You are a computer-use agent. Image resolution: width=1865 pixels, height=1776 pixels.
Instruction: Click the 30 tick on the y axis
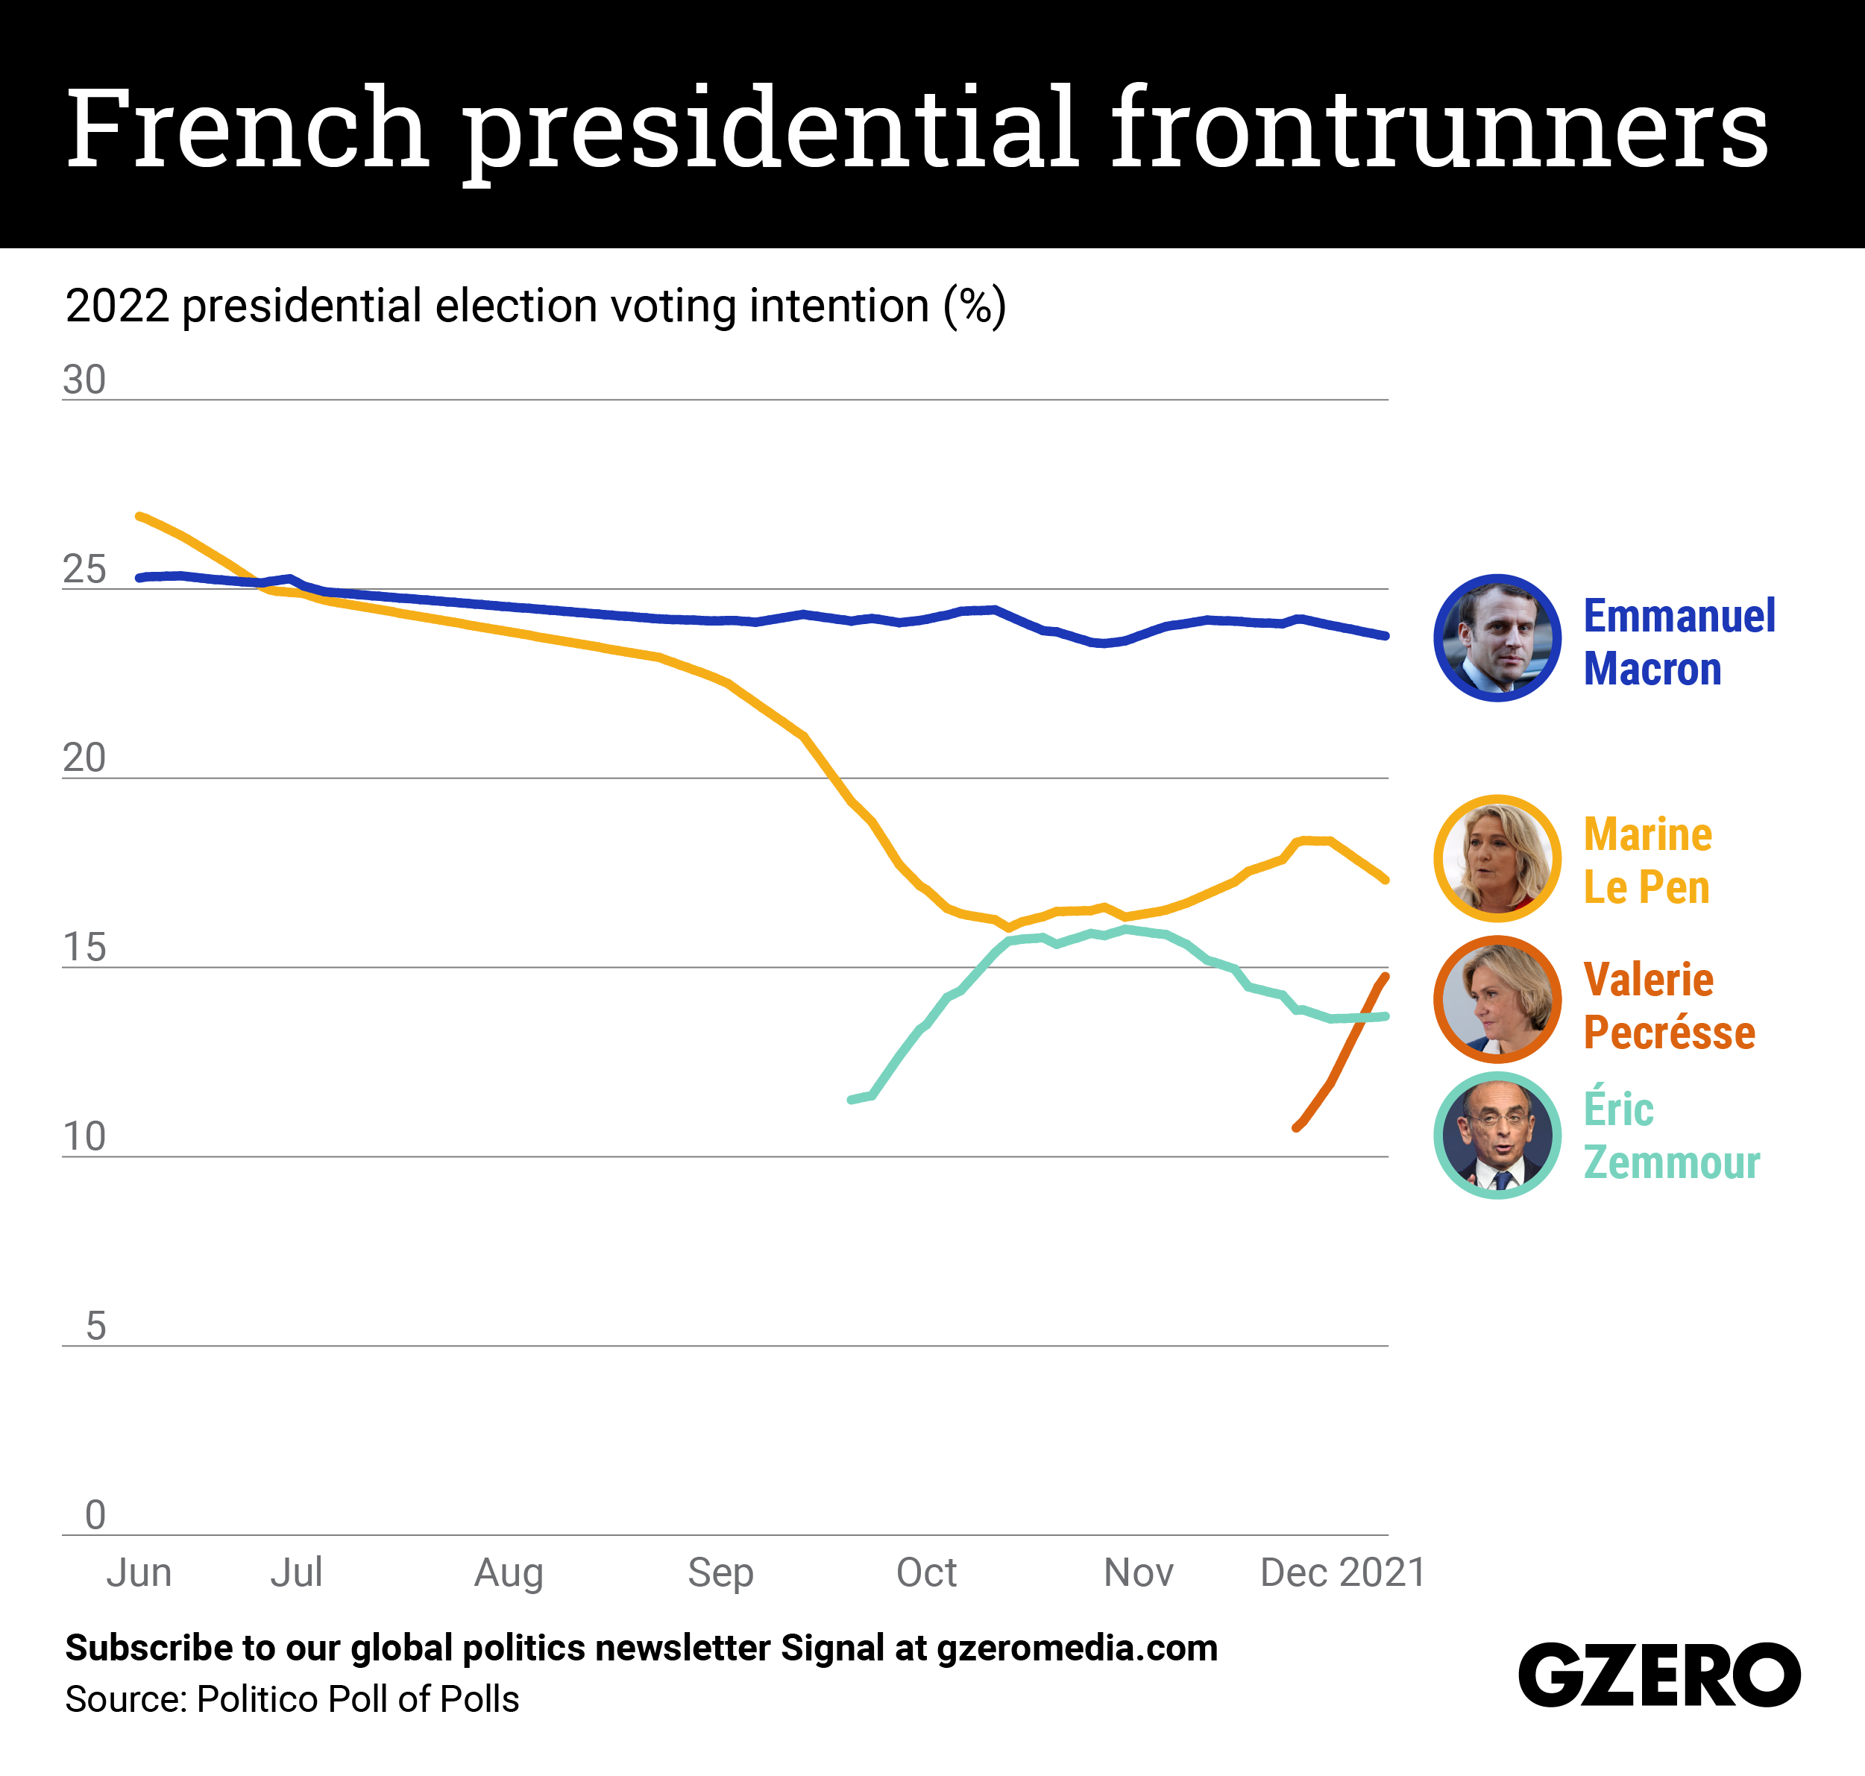[84, 380]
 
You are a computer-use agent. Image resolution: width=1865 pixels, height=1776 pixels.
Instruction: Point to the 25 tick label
[84, 570]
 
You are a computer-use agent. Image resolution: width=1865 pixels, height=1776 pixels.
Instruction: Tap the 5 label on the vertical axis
[95, 1326]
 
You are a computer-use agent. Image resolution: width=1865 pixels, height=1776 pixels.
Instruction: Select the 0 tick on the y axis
[95, 1515]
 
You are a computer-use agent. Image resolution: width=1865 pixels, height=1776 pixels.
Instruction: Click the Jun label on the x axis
[139, 1572]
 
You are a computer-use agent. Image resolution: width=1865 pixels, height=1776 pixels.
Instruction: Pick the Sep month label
[720, 1572]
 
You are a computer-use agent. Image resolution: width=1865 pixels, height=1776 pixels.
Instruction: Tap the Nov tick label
[1138, 1572]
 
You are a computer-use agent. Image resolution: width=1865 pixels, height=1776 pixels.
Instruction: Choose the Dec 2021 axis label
[1342, 1572]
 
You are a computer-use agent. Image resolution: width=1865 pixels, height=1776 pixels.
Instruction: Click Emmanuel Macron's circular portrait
[1497, 638]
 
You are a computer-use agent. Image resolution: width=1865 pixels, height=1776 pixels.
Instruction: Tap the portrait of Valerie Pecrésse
[1497, 1000]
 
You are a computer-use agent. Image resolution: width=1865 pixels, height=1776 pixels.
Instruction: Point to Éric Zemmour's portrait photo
[1497, 1135]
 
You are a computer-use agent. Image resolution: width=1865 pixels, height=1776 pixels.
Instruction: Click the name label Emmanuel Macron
[1679, 642]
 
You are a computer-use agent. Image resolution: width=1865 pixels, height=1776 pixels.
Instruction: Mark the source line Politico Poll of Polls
[292, 1699]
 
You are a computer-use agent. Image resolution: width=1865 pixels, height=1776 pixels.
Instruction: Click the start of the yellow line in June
[140, 516]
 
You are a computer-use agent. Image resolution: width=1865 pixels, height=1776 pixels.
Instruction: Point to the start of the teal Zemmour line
[851, 1100]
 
